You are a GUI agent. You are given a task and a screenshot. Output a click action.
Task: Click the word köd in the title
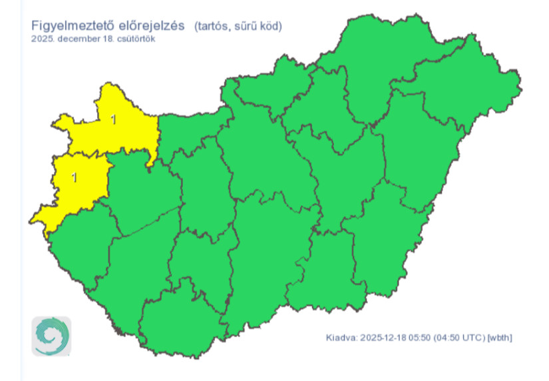point(270,27)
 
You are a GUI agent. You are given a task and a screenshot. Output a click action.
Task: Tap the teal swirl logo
point(51,336)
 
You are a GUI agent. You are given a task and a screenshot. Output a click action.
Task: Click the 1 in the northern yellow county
point(113,121)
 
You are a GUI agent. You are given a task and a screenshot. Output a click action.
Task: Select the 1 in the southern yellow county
point(74,177)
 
